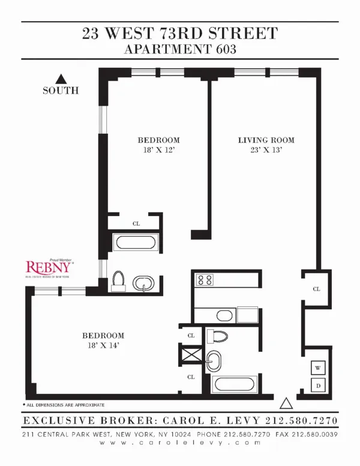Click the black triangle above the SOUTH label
click(x=60, y=78)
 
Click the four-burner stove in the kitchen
click(x=205, y=279)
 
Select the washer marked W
click(x=317, y=366)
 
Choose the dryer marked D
click(x=317, y=385)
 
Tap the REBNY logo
click(x=49, y=266)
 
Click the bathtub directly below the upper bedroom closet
click(x=135, y=243)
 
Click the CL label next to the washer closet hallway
click(x=316, y=289)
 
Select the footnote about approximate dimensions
click(x=64, y=405)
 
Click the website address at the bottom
click(x=180, y=444)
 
